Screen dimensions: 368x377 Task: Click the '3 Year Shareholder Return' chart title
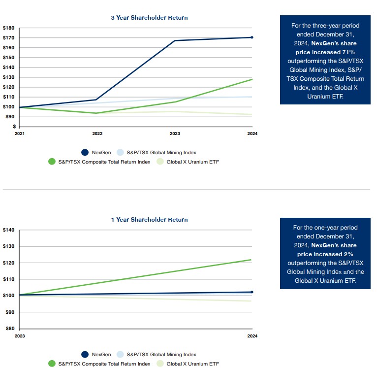(149, 18)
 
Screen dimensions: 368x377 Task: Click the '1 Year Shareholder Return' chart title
(149, 220)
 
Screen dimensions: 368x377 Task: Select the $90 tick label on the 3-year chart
(9, 117)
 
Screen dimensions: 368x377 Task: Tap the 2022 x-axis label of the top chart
(97, 134)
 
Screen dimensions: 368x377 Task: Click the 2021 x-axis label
(19, 134)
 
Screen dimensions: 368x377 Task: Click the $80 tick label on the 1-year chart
(9, 329)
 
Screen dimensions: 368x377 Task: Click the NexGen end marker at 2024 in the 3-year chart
(252, 37)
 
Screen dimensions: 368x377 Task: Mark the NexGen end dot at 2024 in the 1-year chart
(252, 292)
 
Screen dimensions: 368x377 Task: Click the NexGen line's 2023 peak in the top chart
(175, 40)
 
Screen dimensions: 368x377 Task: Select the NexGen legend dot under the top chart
(85, 152)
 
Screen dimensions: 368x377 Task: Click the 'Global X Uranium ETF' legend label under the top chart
(190, 162)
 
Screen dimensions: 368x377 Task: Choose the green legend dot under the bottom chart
(52, 364)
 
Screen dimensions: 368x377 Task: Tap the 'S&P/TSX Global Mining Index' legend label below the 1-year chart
(161, 354)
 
